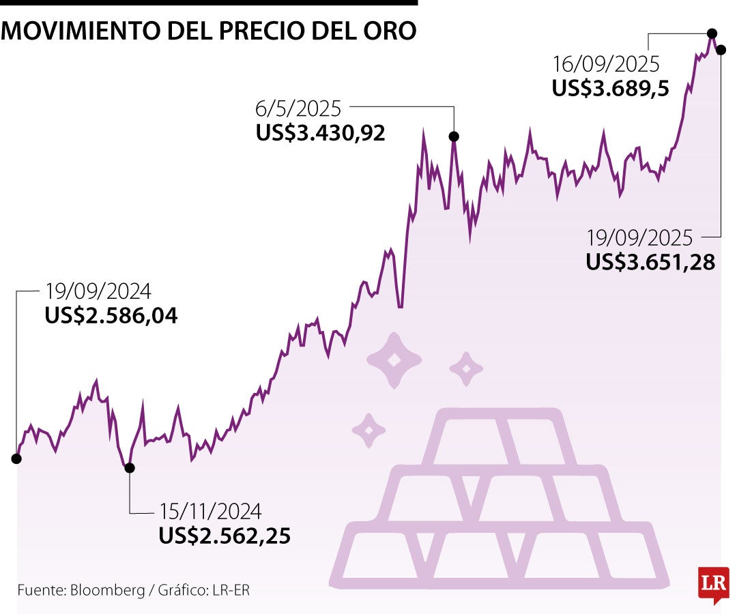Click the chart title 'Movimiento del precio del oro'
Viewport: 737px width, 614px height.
point(208,31)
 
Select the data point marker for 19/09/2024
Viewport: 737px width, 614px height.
point(16,458)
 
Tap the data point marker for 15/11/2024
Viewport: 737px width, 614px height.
point(130,467)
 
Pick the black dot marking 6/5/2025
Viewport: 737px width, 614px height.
point(454,136)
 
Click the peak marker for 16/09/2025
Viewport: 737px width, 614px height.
point(712,33)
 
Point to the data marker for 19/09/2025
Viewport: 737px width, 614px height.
point(721,50)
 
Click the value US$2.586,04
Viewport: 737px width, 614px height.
point(111,316)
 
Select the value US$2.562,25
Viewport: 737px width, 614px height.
point(225,536)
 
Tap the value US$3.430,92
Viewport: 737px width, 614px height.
point(321,132)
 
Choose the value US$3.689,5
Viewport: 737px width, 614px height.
point(609,88)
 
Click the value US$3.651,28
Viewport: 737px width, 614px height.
point(650,262)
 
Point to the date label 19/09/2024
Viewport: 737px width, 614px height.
point(98,292)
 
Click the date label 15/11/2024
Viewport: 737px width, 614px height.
point(210,511)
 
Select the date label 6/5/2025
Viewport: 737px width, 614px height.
point(298,108)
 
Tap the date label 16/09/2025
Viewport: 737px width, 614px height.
point(606,64)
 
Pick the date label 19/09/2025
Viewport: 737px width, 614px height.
point(639,238)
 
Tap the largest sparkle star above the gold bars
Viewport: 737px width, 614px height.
point(394,360)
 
